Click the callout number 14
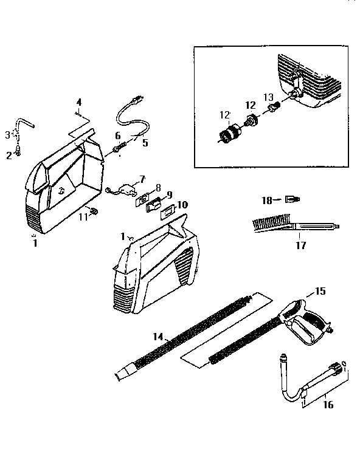[159, 336]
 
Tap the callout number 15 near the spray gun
[321, 292]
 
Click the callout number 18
[266, 199]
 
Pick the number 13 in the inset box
[268, 97]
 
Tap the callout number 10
[182, 205]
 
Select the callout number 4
[78, 101]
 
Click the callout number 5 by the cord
[145, 143]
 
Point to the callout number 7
[142, 179]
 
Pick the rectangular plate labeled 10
[166, 213]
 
